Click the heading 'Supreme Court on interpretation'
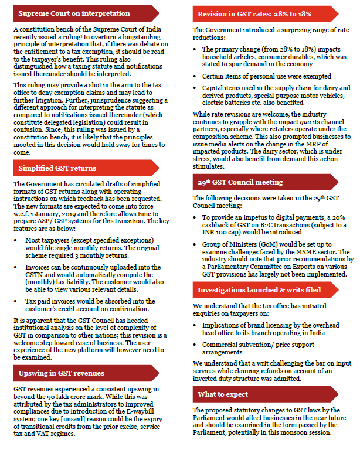74,13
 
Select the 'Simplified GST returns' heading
57,168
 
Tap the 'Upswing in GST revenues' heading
62,373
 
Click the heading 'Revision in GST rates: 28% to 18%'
254,13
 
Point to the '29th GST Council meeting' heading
241,183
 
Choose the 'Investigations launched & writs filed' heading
259,290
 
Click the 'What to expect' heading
222,394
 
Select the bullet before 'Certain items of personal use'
196,76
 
